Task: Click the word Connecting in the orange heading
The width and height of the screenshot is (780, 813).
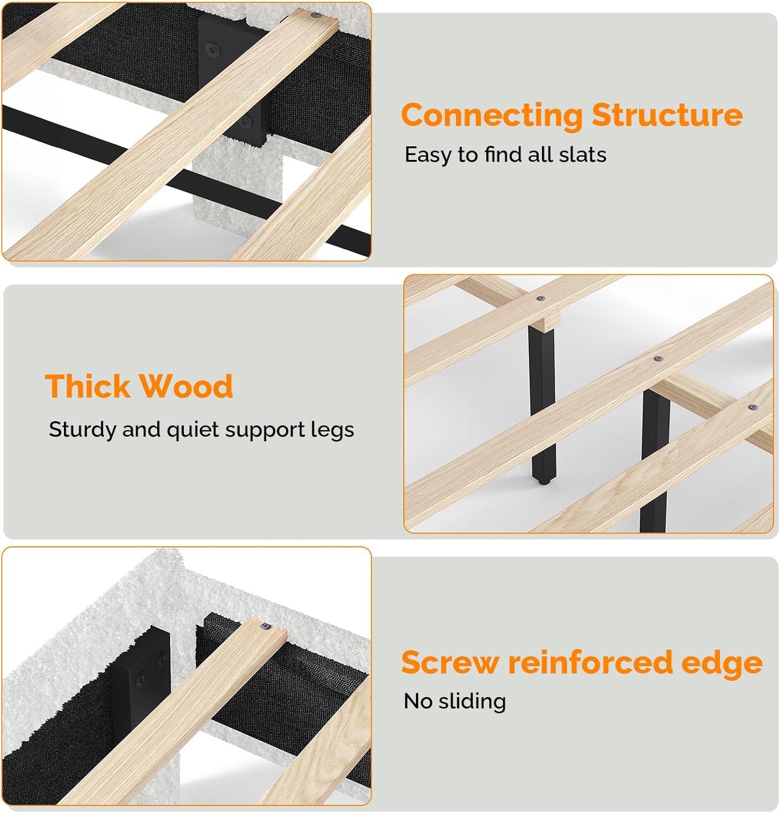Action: (x=492, y=116)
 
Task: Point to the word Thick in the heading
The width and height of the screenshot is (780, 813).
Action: (x=88, y=386)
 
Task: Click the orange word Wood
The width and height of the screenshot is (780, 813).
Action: (x=186, y=386)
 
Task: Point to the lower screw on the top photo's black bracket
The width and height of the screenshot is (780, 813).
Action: (x=247, y=122)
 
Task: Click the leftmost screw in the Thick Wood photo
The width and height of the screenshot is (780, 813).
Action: (x=540, y=298)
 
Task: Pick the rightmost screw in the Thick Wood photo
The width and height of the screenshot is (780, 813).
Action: (x=752, y=407)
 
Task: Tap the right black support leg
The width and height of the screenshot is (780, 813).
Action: (x=655, y=461)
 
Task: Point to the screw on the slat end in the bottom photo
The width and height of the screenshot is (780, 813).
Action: (x=266, y=627)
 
